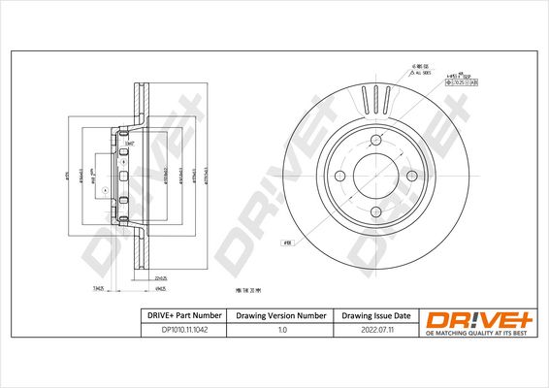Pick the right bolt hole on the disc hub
[x=411, y=176]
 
